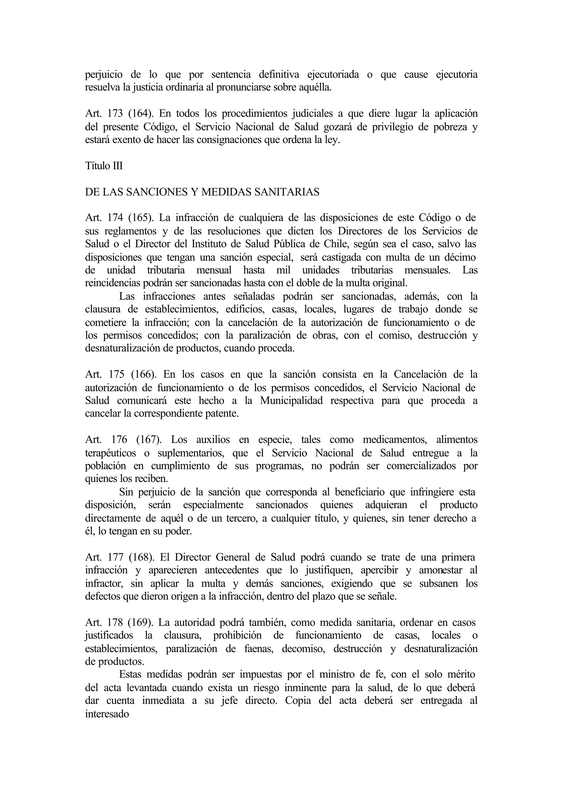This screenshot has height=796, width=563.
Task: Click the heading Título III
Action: click(104, 166)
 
